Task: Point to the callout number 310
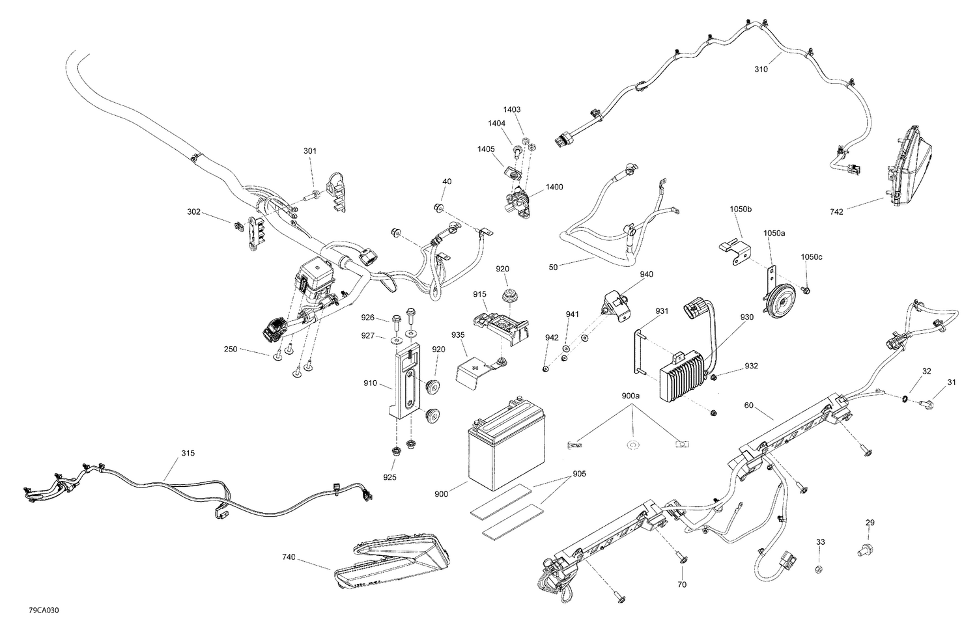(x=761, y=69)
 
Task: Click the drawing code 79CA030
(x=41, y=611)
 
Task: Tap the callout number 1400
(x=554, y=187)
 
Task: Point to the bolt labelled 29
(x=862, y=551)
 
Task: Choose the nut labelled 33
(x=820, y=570)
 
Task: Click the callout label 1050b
(x=741, y=209)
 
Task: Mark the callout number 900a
(x=630, y=396)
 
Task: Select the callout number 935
(x=458, y=335)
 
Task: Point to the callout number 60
(x=749, y=405)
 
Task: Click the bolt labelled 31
(x=929, y=405)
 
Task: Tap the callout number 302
(x=193, y=212)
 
